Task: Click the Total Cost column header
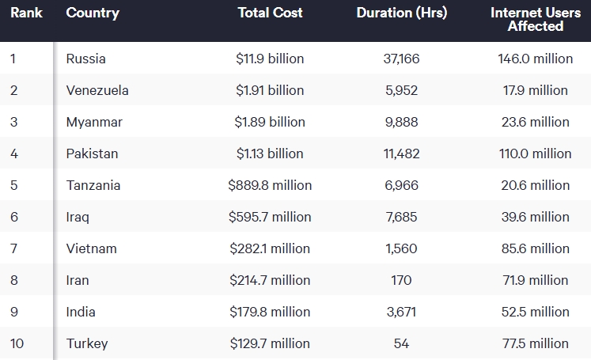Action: [x=270, y=13]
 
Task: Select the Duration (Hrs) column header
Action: [x=401, y=13]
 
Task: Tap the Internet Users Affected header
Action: [x=535, y=19]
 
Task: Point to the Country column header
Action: [x=93, y=13]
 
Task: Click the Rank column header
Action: [x=26, y=13]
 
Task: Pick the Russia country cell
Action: [x=86, y=59]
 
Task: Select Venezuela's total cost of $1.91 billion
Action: [x=270, y=90]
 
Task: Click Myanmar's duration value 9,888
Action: [x=401, y=122]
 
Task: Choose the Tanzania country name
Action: [x=93, y=185]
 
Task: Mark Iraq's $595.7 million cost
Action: [x=270, y=217]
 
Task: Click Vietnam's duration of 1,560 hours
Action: [x=401, y=248]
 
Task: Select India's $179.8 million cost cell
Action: [x=270, y=312]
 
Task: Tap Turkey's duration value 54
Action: [x=401, y=343]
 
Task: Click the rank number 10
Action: [x=17, y=343]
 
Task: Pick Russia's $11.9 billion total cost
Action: [x=270, y=59]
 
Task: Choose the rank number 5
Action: [x=14, y=185]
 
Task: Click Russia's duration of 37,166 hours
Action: [x=401, y=59]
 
